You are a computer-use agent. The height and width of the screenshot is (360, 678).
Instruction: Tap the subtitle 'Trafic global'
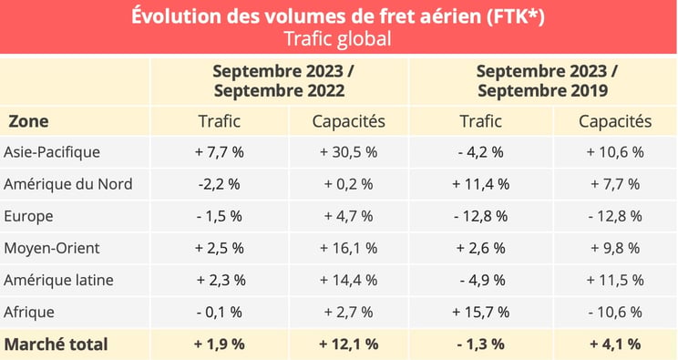pos(338,39)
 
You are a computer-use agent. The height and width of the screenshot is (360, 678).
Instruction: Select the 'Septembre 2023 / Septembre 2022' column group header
pos(279,81)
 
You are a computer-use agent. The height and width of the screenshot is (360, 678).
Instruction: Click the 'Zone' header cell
pos(29,121)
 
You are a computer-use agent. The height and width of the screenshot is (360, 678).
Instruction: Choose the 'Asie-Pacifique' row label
pos(52,152)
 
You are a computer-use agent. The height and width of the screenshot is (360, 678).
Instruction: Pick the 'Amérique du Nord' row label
pos(68,184)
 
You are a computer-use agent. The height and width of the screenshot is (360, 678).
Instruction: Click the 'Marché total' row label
pos(56,344)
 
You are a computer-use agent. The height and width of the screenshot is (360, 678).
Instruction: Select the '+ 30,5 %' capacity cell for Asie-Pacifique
pos(348,152)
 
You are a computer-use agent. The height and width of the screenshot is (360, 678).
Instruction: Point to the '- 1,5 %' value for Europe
pos(218,216)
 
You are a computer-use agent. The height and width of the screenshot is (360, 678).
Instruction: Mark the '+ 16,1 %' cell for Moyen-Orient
pos(348,248)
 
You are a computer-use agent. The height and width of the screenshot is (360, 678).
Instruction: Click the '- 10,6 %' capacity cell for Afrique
pos(615,312)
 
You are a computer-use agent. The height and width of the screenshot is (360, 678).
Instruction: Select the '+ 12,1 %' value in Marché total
pos(348,344)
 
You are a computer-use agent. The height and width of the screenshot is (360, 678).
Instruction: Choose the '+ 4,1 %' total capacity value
pos(615,344)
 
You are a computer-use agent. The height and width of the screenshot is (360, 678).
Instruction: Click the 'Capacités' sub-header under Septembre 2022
pos(348,121)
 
